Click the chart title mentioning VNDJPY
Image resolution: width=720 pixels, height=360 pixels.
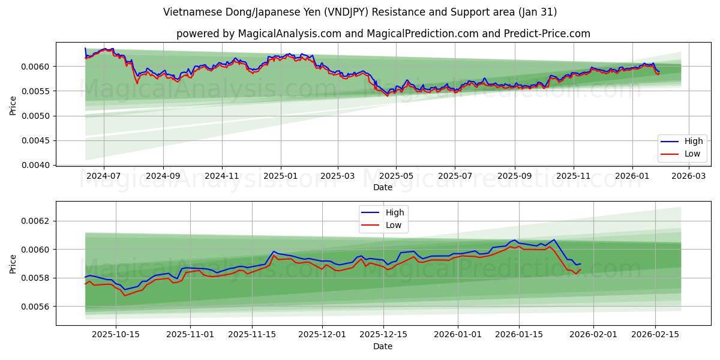pos(359,12)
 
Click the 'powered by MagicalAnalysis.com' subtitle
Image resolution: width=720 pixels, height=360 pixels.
pos(383,34)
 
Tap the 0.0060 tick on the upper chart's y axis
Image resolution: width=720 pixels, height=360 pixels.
pos(37,66)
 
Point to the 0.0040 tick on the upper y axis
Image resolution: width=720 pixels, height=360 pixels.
pos(37,165)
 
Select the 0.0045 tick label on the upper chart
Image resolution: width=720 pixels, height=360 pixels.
pos(37,140)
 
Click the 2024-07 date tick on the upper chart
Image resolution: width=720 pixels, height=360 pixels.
pos(104,176)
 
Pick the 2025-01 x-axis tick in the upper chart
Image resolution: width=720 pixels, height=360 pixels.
pos(280,176)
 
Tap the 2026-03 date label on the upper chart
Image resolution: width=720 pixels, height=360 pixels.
pos(689,176)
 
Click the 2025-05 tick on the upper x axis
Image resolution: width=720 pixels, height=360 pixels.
pos(396,176)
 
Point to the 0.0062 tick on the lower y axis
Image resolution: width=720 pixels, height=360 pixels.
pos(37,221)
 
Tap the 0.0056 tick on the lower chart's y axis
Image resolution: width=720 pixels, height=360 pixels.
pos(37,307)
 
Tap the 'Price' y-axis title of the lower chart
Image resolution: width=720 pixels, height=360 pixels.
pos(13,263)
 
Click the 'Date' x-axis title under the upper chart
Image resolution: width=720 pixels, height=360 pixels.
pos(383,187)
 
